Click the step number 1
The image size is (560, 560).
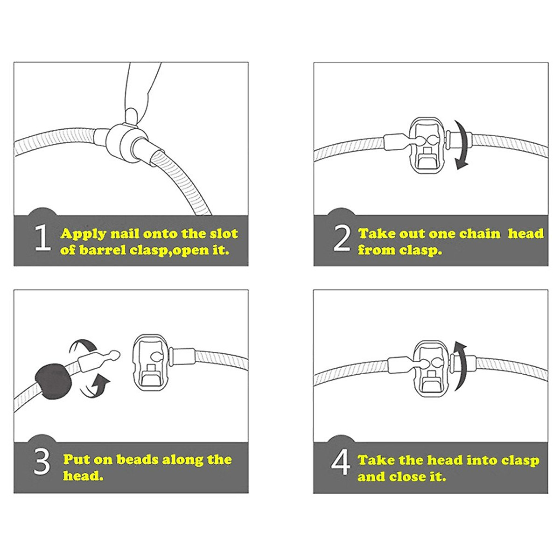[x=42, y=238]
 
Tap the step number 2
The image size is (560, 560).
[x=342, y=239]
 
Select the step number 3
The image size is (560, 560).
[x=42, y=464]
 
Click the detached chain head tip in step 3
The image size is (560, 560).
[x=115, y=355]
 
